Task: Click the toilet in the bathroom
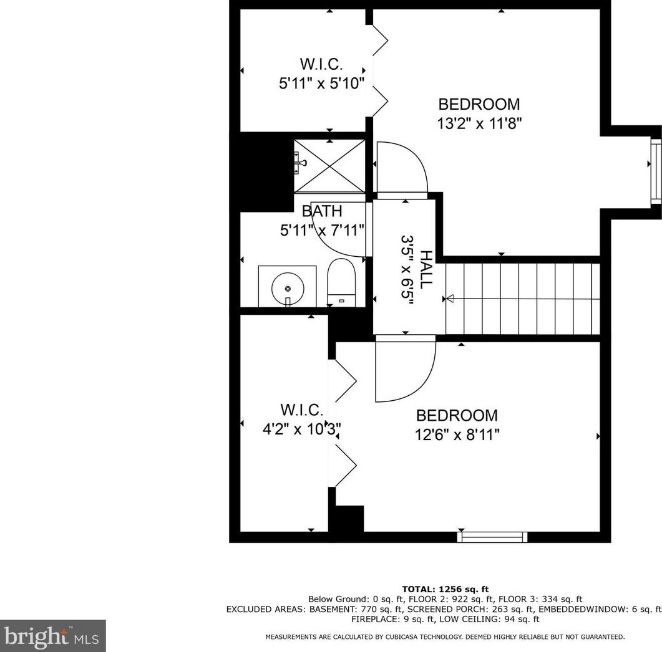341,282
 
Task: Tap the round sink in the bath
287,288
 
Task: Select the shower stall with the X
329,166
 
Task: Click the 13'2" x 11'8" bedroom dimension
479,123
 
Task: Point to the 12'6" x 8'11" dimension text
457,434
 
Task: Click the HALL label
426,269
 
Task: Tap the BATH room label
322,211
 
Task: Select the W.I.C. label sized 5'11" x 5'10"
321,64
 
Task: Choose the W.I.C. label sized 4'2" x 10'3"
301,410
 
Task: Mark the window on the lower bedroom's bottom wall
492,537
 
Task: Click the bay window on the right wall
655,170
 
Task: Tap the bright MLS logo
52,636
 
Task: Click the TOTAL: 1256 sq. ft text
444,589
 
